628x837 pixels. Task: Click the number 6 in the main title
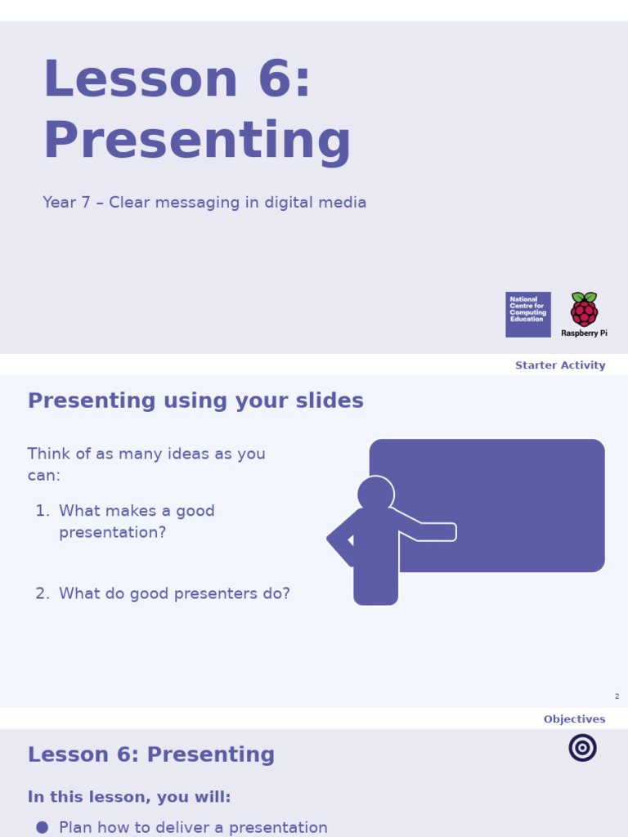click(274, 80)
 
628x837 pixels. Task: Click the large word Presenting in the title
click(196, 141)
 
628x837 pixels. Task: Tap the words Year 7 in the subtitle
click(66, 203)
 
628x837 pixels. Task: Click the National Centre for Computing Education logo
click(527, 314)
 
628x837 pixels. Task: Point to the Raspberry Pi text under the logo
click(584, 333)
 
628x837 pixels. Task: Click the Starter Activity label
click(560, 365)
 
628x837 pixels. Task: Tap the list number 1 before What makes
click(41, 511)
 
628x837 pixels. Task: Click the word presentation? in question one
click(112, 532)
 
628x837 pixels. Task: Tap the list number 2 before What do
click(41, 593)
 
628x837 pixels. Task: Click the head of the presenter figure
click(376, 493)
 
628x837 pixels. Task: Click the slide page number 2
click(617, 696)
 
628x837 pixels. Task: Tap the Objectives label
click(574, 719)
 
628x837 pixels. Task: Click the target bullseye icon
click(582, 747)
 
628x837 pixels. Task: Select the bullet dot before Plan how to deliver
click(43, 827)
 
